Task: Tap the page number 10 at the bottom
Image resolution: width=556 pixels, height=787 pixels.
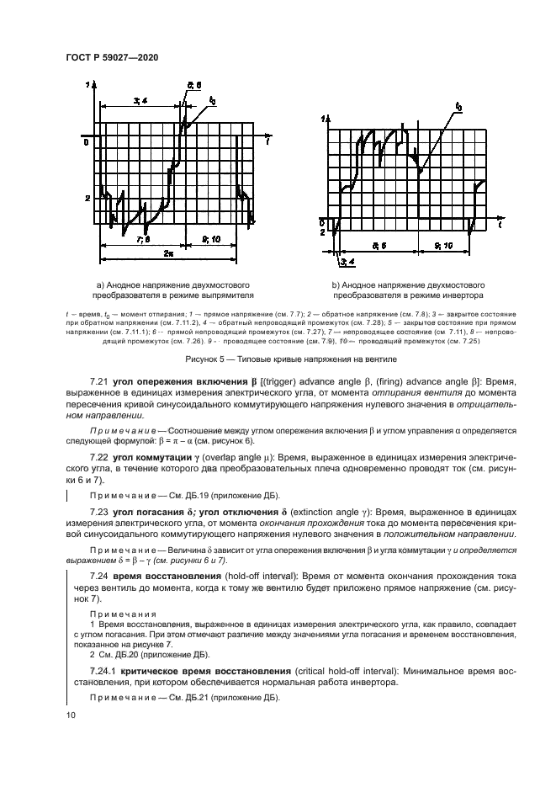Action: (x=71, y=715)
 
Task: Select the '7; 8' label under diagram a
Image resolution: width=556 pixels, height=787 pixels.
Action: (x=142, y=239)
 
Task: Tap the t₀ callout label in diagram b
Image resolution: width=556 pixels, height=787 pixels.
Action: (x=458, y=107)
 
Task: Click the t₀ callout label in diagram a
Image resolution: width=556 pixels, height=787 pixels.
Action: (x=212, y=100)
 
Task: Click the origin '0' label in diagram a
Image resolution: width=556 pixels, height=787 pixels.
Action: (x=85, y=142)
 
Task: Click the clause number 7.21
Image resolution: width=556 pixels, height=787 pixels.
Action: (x=101, y=383)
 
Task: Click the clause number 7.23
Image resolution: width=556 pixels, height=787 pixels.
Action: (x=101, y=511)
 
